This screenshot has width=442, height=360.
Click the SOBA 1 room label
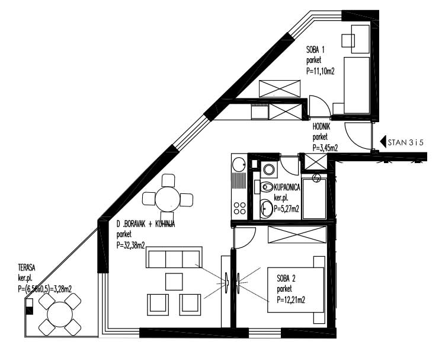tap(315, 50)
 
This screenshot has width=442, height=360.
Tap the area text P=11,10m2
tap(320, 71)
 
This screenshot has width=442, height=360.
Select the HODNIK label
tap(321, 127)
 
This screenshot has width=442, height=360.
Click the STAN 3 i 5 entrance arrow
tap(383, 142)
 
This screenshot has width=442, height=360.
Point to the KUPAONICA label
tap(287, 187)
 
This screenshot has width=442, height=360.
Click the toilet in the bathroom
tap(267, 187)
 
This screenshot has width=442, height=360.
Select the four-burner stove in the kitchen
tap(239, 208)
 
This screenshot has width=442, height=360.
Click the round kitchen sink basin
tap(238, 164)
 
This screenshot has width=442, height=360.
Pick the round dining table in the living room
tap(168, 199)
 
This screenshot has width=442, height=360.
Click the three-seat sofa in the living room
tap(174, 257)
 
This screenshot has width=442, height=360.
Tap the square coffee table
tap(174, 282)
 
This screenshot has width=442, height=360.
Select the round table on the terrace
tap(60, 314)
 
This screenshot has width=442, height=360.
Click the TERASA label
tap(26, 267)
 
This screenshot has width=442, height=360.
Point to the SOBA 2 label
tap(286, 279)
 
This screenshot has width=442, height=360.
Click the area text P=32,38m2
tap(130, 246)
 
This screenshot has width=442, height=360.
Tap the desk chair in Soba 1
tap(348, 41)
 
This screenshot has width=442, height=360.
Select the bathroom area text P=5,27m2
tap(286, 209)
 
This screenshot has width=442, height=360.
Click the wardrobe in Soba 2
tap(297, 234)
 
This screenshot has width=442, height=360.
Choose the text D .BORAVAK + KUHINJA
tap(146, 224)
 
